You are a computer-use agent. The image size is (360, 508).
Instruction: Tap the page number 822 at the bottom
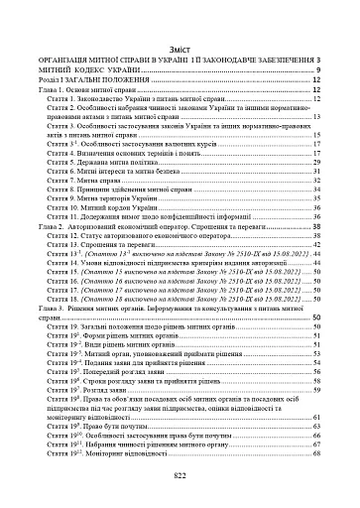click(x=180, y=476)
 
